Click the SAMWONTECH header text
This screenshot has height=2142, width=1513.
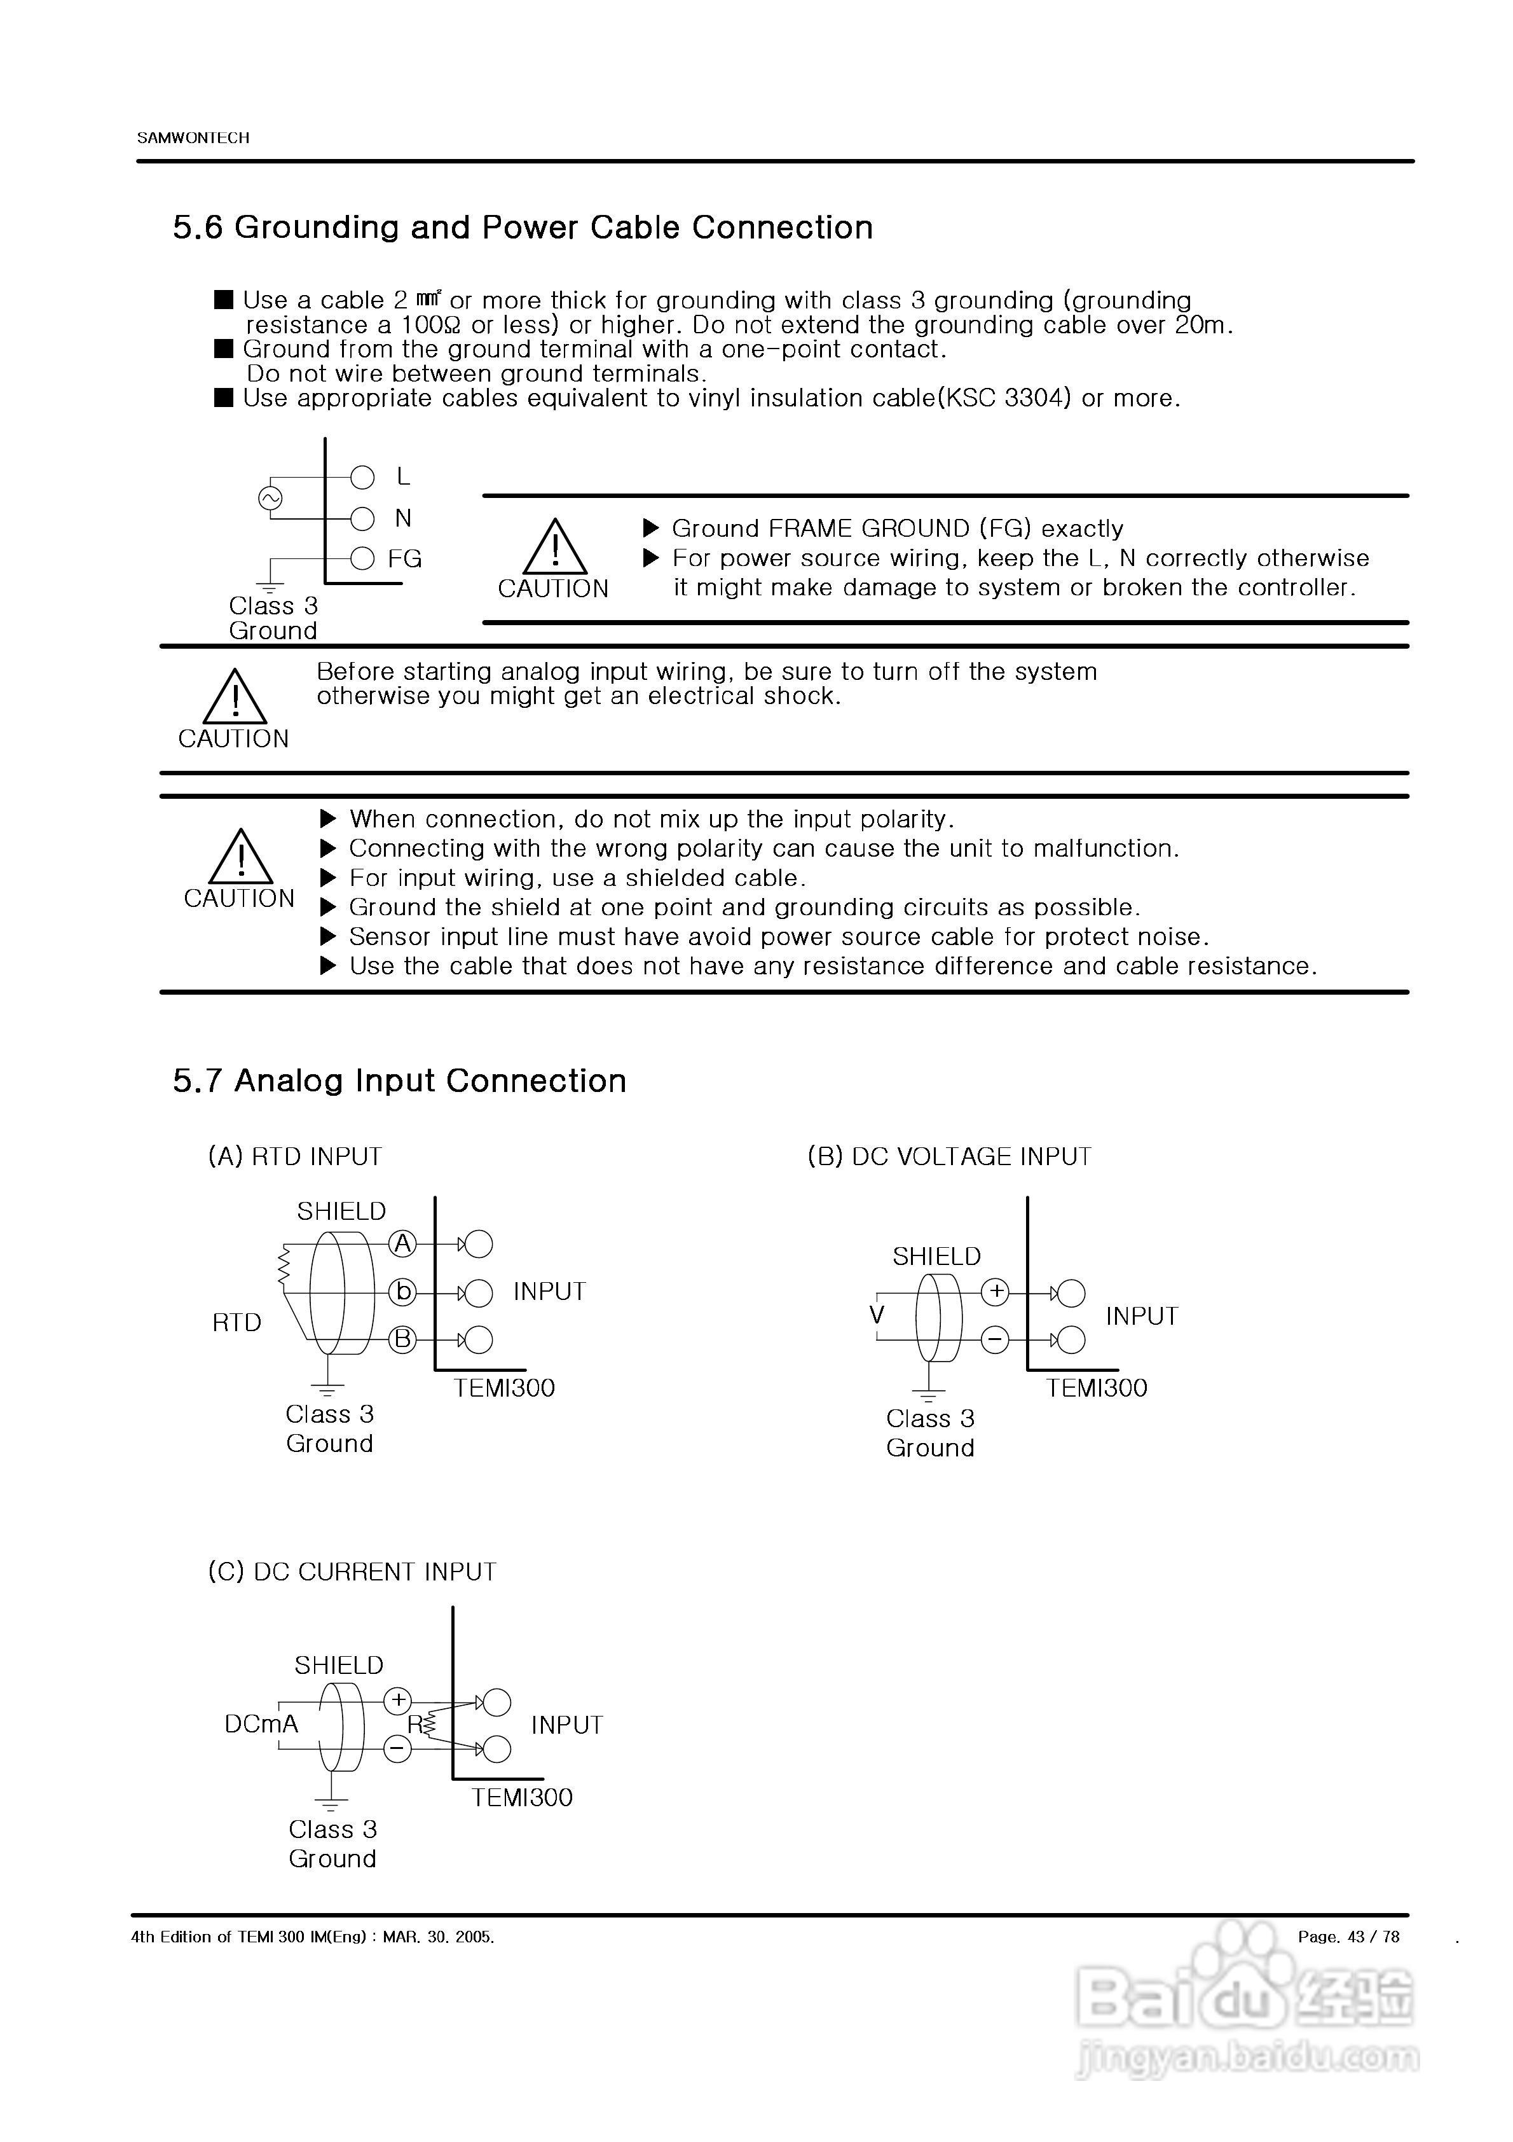[193, 138]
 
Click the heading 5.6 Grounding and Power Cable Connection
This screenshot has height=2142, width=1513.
[523, 228]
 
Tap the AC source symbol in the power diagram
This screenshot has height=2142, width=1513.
[270, 499]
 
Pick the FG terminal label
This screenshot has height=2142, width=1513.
[405, 559]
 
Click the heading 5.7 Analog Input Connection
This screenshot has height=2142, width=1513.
[399, 1081]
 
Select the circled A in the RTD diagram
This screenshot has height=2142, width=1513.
[402, 1243]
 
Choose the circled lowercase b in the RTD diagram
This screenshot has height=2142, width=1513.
[402, 1292]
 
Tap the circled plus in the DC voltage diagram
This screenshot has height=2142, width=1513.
[996, 1292]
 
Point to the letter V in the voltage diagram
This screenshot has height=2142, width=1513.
[877, 1315]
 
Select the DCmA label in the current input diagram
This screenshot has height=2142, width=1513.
[261, 1724]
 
